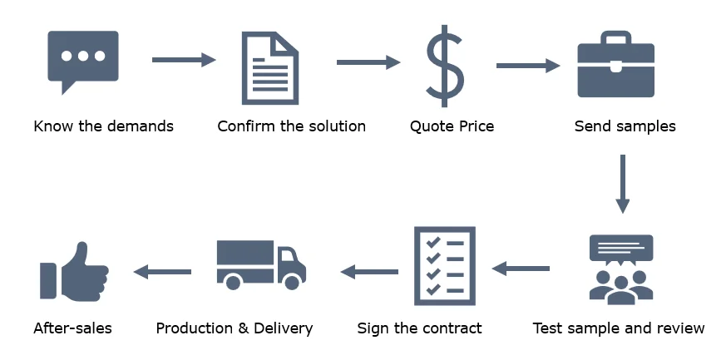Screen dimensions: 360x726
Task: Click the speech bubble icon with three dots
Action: coord(83,60)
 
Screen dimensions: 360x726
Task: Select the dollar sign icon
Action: coord(445,63)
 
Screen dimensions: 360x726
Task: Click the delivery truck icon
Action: coord(260,264)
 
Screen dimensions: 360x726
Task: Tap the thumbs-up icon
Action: coord(73,270)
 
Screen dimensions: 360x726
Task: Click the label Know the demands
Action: coord(103,127)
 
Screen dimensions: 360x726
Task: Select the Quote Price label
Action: coord(452,127)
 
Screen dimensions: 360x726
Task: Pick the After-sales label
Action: coord(72,328)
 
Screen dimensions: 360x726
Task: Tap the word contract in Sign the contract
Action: coord(450,328)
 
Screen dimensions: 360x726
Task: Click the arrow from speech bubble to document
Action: coord(184,60)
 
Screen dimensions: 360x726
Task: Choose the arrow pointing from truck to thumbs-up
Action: coord(163,271)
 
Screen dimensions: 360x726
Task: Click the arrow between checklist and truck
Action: coord(369,271)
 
